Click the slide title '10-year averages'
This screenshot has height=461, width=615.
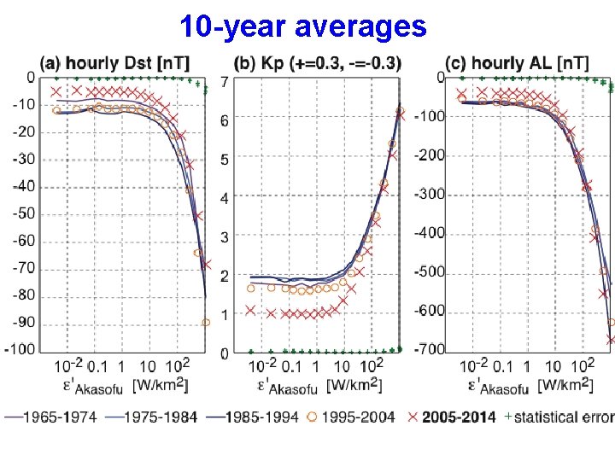click(x=302, y=26)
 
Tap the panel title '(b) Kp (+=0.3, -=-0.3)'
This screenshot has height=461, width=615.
click(x=317, y=63)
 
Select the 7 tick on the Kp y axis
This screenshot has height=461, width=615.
click(x=224, y=82)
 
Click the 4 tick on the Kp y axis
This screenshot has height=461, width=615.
click(x=224, y=198)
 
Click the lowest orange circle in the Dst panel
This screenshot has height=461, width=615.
click(x=205, y=323)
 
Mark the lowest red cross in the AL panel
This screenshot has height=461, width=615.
click(x=611, y=340)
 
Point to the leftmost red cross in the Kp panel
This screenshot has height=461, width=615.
click(x=249, y=310)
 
